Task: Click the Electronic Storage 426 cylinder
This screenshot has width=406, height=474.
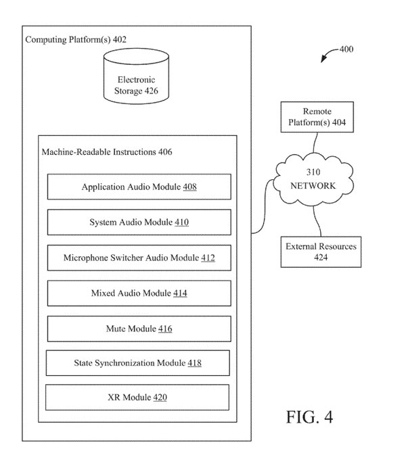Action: (x=136, y=76)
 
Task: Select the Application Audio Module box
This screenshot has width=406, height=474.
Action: (x=139, y=187)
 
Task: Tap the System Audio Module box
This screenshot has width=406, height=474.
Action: (x=139, y=222)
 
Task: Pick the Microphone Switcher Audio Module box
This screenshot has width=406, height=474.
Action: (x=139, y=258)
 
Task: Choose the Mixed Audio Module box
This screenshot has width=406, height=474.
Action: (x=139, y=293)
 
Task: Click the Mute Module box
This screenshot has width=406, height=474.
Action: (x=139, y=329)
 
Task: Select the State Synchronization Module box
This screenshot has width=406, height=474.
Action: (x=138, y=362)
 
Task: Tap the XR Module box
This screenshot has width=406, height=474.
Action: (x=137, y=397)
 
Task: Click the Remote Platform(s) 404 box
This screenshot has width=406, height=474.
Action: (x=317, y=117)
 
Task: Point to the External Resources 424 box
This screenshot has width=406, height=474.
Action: (x=321, y=252)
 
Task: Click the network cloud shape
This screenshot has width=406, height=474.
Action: (x=313, y=179)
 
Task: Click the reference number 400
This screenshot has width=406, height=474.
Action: (x=346, y=49)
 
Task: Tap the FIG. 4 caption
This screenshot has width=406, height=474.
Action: (x=309, y=417)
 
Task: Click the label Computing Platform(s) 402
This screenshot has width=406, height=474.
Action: (x=76, y=40)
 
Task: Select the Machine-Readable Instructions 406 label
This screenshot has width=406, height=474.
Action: (x=107, y=151)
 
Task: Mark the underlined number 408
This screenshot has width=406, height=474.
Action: (x=189, y=187)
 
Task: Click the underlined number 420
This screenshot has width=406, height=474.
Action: (x=160, y=397)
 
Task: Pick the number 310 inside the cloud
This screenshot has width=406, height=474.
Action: (x=313, y=172)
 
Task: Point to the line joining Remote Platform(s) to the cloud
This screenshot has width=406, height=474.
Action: (x=315, y=143)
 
